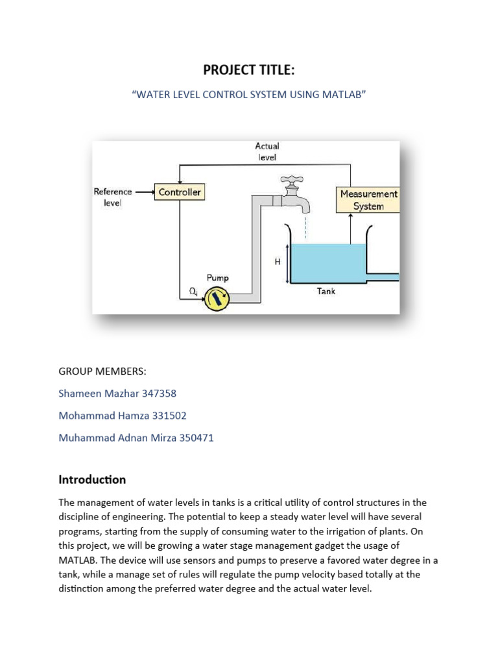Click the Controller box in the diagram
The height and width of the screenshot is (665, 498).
pos(180,192)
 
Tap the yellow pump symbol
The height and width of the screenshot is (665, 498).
pos(216,299)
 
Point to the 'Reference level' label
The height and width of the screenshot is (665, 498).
pos(113,197)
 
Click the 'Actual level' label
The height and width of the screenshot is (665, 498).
pos(267,151)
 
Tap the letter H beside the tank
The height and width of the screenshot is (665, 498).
pos(278,262)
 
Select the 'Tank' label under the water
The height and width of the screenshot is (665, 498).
pos(326,292)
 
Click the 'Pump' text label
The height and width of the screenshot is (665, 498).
pos(218,278)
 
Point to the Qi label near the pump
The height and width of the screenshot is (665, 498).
pos(193,292)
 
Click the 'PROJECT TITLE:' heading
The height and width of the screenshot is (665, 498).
pos(249,70)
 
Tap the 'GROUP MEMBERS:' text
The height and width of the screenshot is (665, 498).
pos(102,371)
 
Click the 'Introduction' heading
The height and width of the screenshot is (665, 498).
pos(92,480)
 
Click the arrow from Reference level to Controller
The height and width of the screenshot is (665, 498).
pos(143,192)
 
